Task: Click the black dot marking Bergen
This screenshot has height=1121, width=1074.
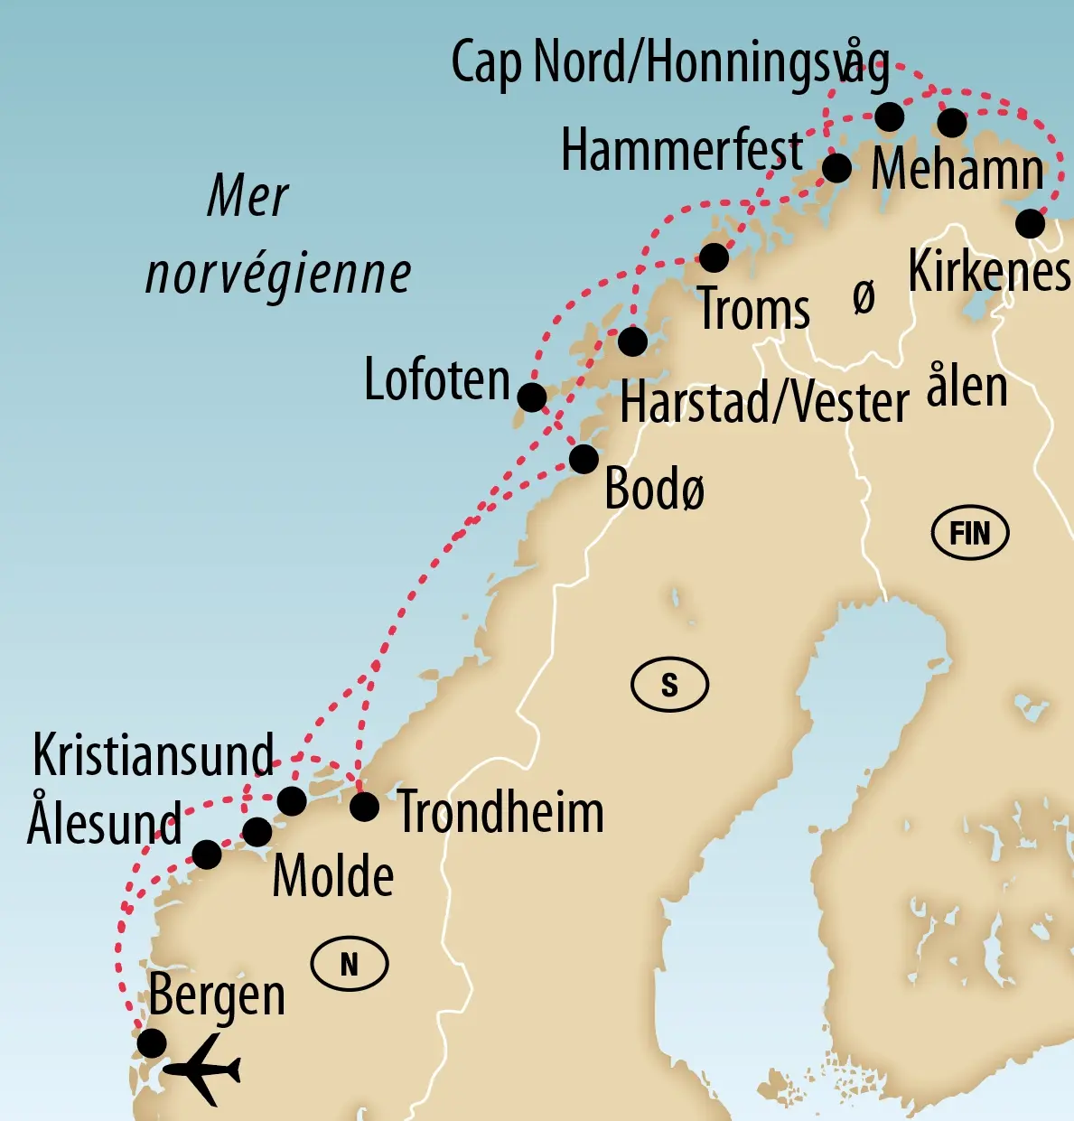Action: (x=152, y=1042)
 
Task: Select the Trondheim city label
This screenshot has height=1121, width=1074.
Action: (x=500, y=811)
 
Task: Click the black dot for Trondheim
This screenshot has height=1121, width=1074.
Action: (x=364, y=806)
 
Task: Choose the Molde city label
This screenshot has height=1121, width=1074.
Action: (x=333, y=875)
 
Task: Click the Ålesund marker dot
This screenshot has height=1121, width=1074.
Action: (x=207, y=854)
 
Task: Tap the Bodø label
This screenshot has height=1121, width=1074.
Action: (x=654, y=490)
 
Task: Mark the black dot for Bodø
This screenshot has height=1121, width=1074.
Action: (x=584, y=459)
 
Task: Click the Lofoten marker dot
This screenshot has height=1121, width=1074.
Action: (x=531, y=397)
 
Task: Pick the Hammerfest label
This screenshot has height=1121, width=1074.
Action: (x=682, y=150)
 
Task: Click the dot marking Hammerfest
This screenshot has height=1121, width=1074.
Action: (x=836, y=167)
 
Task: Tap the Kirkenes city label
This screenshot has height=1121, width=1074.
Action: (x=989, y=271)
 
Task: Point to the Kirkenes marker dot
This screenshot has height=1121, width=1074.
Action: (x=1030, y=223)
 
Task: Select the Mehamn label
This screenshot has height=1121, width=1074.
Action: (x=957, y=170)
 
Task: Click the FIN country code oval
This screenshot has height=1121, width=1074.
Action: (x=969, y=533)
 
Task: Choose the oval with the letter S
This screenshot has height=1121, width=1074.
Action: (x=669, y=685)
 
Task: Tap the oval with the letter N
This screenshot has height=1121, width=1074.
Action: (x=350, y=964)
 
